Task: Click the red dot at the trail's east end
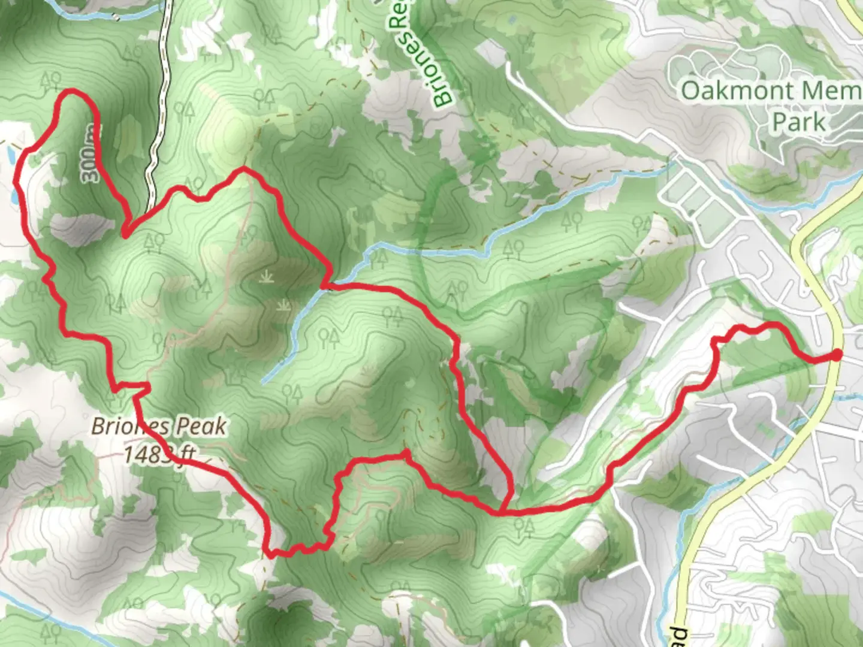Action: click(x=835, y=356)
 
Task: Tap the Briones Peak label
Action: click(x=159, y=427)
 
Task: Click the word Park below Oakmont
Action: click(x=799, y=122)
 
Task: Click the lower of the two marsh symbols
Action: click(x=282, y=307)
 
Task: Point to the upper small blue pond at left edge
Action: click(x=10, y=156)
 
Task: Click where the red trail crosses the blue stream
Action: click(x=327, y=286)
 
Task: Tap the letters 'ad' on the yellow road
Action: click(x=678, y=635)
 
